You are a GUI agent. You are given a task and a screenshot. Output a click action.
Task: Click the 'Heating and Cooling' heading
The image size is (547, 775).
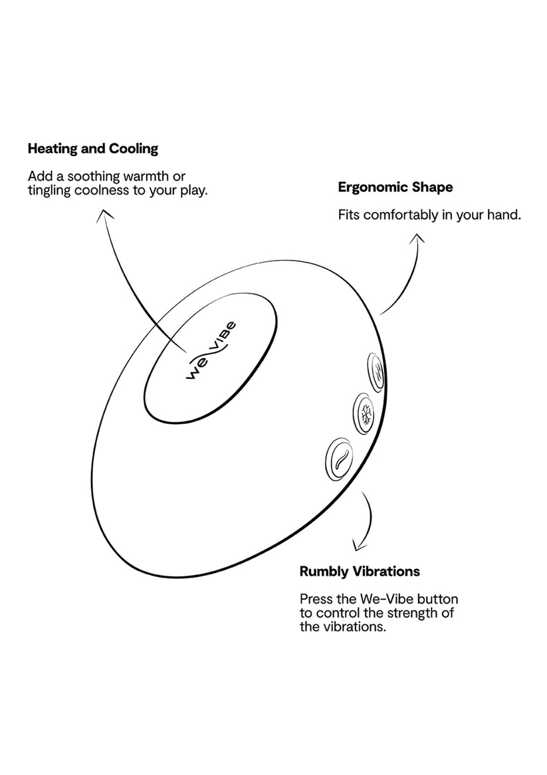[93, 149]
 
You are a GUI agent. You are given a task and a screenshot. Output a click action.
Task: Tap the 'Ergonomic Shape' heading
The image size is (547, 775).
[395, 187]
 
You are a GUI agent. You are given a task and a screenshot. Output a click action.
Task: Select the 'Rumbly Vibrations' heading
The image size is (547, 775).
[360, 572]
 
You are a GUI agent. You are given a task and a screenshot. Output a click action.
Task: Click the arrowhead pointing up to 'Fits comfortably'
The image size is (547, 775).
[417, 237]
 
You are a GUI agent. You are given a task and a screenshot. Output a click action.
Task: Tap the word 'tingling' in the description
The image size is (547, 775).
[50, 191]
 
